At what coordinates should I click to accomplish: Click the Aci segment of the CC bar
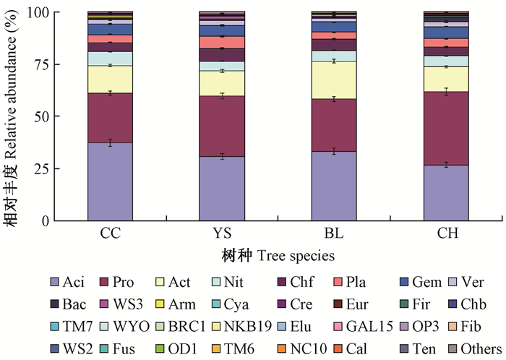[110, 181]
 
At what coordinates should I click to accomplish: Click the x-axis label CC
[110, 234]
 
